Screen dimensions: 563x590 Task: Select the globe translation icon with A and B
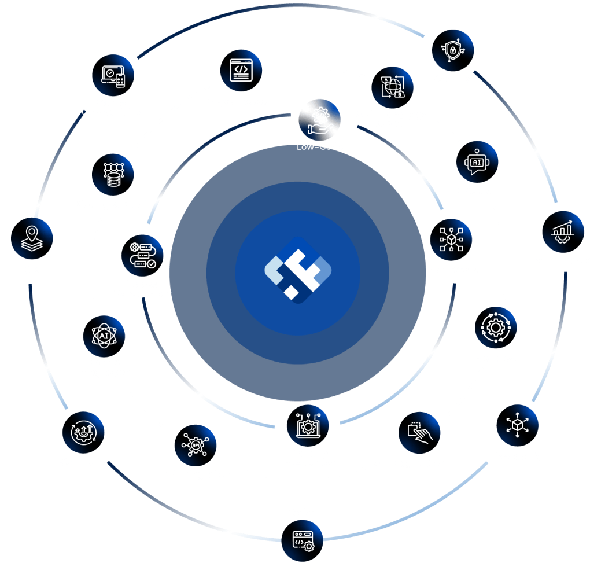point(392,87)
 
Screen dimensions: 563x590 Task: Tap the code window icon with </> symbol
point(241,71)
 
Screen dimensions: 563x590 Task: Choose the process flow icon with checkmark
point(143,256)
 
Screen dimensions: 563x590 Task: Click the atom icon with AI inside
point(104,337)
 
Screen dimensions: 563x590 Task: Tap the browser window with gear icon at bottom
point(303,542)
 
